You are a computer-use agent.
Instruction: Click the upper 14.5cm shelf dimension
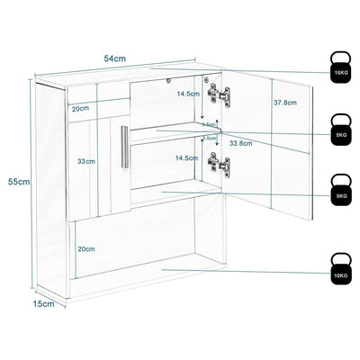point(187,94)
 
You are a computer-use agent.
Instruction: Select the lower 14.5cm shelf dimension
point(187,158)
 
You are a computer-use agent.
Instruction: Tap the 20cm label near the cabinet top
point(80,108)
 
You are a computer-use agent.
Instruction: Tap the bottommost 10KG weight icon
point(339,270)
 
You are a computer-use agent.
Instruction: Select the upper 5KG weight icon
point(339,130)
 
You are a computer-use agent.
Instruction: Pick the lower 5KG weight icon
point(339,192)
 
